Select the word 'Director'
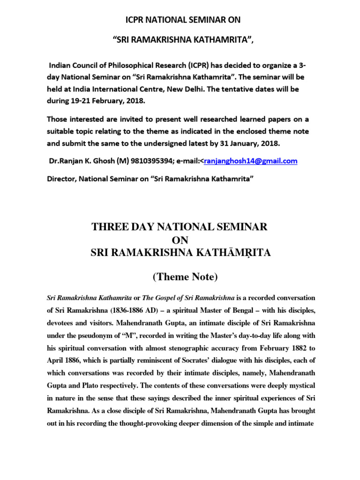point(63,179)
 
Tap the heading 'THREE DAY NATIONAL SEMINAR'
point(180,227)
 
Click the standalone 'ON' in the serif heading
point(180,240)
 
